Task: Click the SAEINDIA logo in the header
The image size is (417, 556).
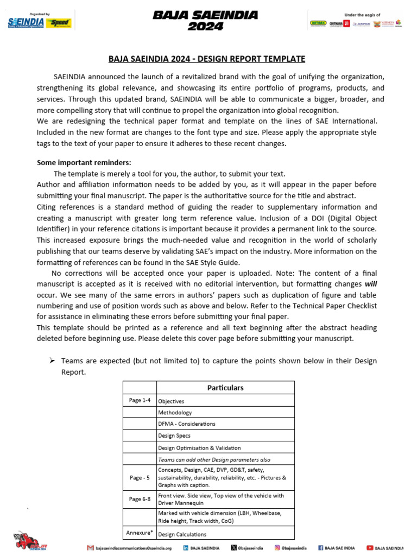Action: click(26, 22)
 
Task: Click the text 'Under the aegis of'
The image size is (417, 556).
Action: click(363, 15)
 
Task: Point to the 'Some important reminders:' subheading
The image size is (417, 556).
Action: click(84, 162)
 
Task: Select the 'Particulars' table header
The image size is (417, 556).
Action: click(225, 388)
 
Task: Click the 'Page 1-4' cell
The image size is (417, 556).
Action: click(140, 400)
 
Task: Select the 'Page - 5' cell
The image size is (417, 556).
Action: click(140, 478)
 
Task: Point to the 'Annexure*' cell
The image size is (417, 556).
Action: click(140, 532)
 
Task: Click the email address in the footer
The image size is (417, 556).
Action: click(133, 548)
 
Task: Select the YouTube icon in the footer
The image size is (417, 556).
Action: click(370, 548)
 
